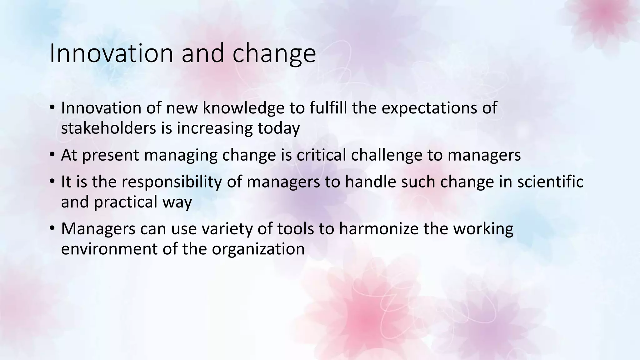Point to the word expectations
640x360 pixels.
[429, 108]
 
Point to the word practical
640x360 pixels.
[125, 202]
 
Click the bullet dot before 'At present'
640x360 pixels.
[52, 155]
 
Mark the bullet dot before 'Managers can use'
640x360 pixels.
[52, 228]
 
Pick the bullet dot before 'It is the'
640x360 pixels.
[52, 181]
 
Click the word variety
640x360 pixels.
[227, 229]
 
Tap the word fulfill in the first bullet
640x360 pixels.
[328, 108]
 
